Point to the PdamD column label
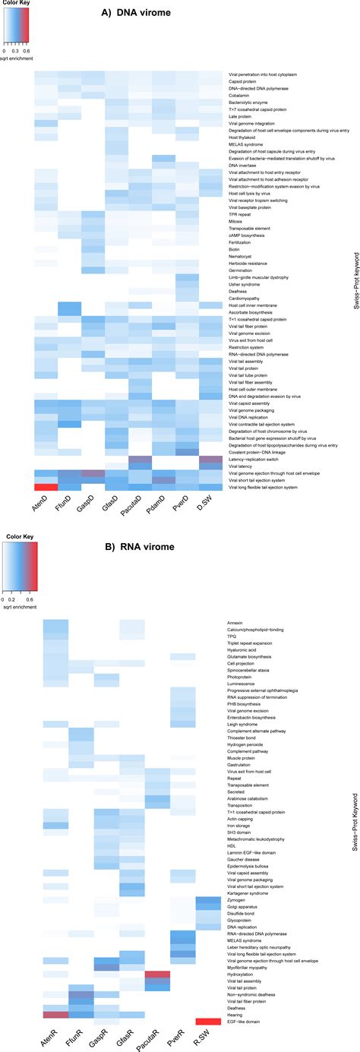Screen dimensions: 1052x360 click(163, 506)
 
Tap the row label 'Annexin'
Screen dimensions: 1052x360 click(236, 624)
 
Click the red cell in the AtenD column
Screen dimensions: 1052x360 click(46, 487)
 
